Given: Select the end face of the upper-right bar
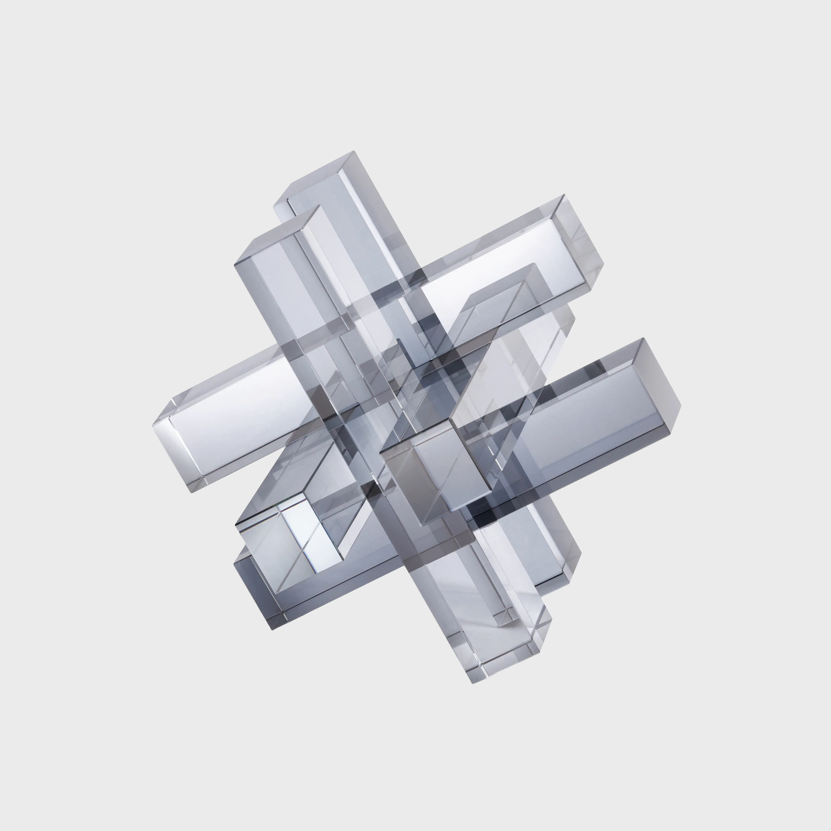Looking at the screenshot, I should pos(579,241).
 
